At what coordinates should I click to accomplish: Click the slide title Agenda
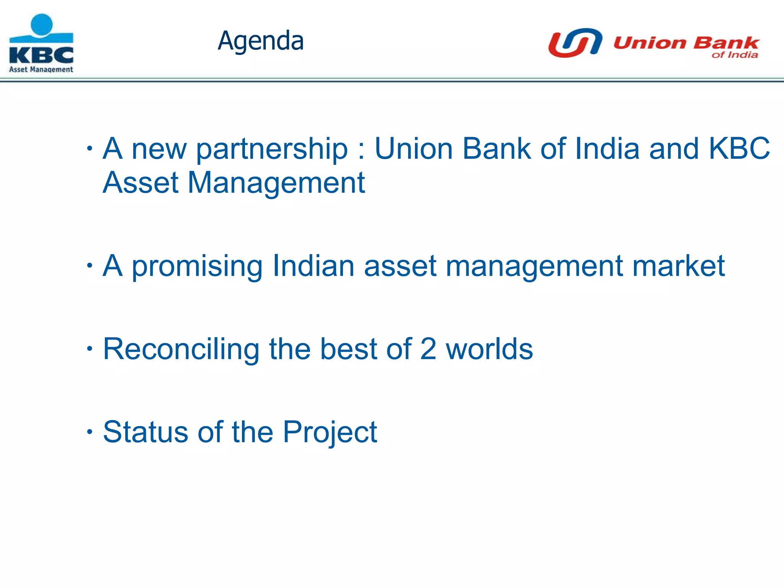point(260,41)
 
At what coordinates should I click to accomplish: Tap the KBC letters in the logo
point(41,56)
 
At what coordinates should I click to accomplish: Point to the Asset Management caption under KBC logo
point(41,69)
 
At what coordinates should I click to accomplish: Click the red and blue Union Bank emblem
point(575,42)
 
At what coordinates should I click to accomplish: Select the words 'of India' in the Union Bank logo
point(735,55)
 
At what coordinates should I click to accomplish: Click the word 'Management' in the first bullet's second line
point(276,183)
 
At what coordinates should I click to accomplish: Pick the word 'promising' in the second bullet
point(197,266)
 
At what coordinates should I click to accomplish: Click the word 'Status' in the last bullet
point(145,432)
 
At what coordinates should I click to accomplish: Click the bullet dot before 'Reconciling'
point(90,348)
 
